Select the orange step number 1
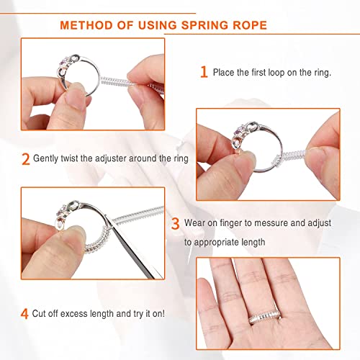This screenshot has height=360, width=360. coord(204,72)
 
